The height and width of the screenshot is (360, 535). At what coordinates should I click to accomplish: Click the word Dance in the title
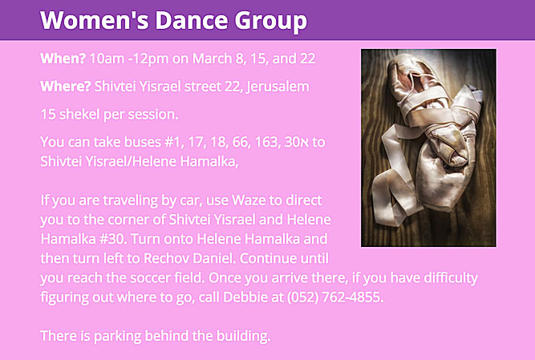(x=192, y=20)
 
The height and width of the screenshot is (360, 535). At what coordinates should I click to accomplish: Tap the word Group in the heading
(x=271, y=21)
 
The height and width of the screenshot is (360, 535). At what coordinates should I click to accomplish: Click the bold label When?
(x=63, y=59)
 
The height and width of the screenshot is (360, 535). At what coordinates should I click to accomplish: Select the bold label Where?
(x=66, y=87)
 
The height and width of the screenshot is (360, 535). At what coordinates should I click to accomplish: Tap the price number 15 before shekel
(x=48, y=114)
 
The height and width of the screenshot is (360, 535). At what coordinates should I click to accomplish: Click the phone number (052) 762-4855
(x=335, y=297)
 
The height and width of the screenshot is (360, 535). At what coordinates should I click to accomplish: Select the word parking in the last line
(x=117, y=337)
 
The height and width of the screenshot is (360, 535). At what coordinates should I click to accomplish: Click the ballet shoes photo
(x=428, y=148)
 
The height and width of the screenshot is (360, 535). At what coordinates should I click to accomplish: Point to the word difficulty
(x=451, y=278)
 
